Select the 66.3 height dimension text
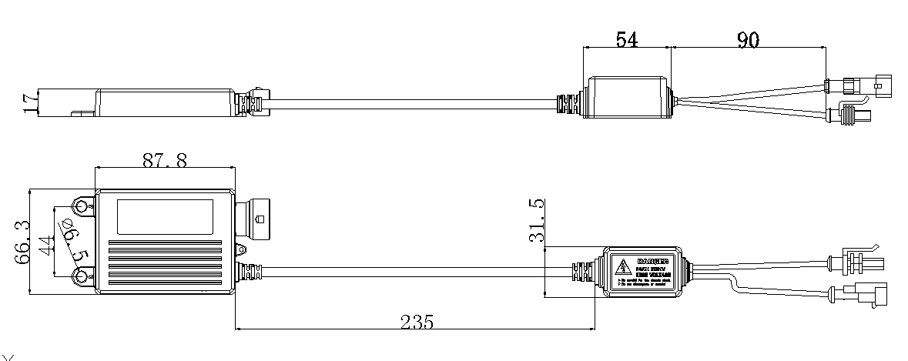[x=23, y=240]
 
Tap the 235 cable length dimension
[x=417, y=322]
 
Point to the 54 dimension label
[x=626, y=40]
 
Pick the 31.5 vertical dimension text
[x=537, y=220]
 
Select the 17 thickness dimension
[x=29, y=102]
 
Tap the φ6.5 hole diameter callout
[x=76, y=240]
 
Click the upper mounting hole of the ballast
[x=81, y=206]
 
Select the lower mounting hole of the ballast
[x=81, y=276]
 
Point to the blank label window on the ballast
[x=165, y=216]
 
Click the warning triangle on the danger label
[x=621, y=266]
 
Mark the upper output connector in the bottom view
[x=859, y=259]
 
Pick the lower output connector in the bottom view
[x=859, y=294]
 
